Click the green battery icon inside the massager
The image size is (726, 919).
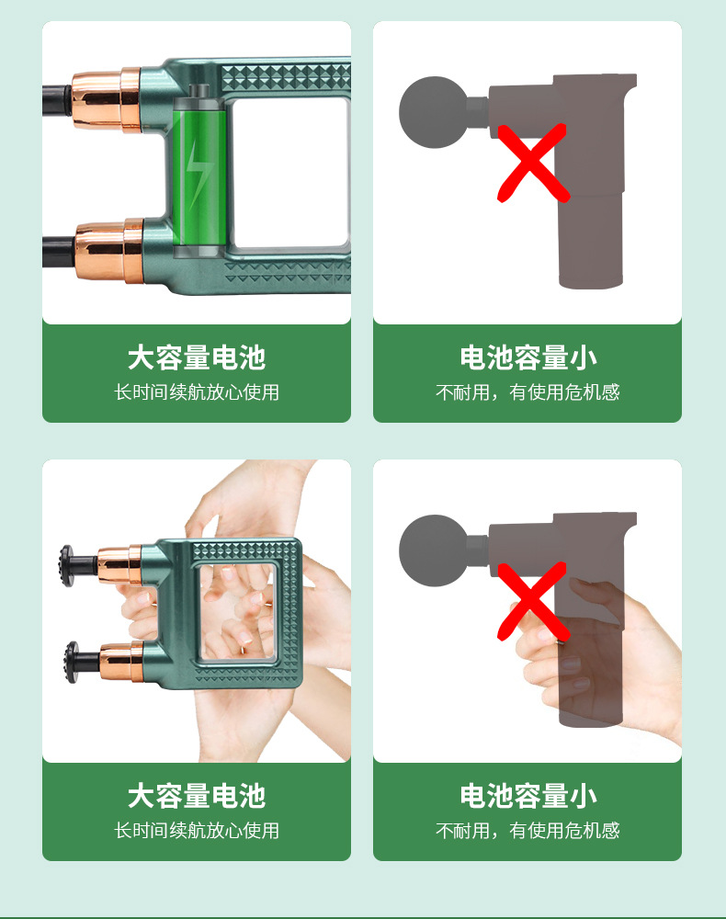click(x=199, y=171)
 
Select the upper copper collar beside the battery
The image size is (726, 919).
click(x=107, y=99)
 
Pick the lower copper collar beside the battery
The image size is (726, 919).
click(x=109, y=250)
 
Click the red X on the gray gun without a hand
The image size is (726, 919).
click(x=533, y=163)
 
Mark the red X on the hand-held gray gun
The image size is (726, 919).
click(x=533, y=601)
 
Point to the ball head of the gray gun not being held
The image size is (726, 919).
click(x=434, y=112)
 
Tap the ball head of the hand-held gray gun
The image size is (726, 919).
click(x=434, y=550)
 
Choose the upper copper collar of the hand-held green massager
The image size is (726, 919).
click(x=120, y=565)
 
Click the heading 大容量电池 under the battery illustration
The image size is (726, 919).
click(x=197, y=357)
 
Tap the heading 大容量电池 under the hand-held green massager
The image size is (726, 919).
click(x=197, y=796)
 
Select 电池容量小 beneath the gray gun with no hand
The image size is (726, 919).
click(x=527, y=357)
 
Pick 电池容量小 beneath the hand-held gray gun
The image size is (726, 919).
click(x=527, y=796)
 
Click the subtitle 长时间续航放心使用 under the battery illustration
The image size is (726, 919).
click(x=197, y=392)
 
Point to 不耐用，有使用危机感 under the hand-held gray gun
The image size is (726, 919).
click(x=527, y=831)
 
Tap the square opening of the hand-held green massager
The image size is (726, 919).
click(x=237, y=611)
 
